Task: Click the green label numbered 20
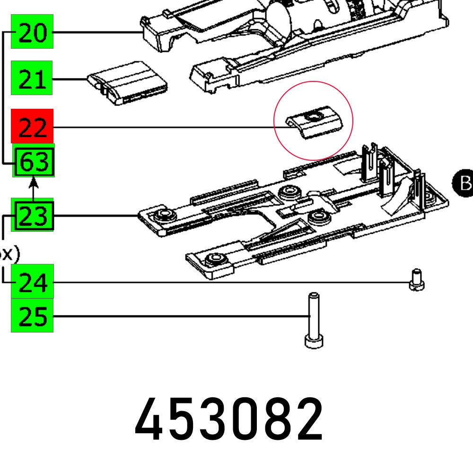pyautogui.click(x=32, y=32)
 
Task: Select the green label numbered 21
pyautogui.click(x=32, y=79)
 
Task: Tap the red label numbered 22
pyautogui.click(x=32, y=127)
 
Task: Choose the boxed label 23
pyautogui.click(x=34, y=216)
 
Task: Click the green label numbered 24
pyautogui.click(x=32, y=282)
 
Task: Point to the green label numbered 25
pyautogui.click(x=32, y=315)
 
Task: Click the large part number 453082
pyautogui.click(x=229, y=419)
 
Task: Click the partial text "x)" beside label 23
pyautogui.click(x=9, y=254)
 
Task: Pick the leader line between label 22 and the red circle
pyautogui.click(x=166, y=127)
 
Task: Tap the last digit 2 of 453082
pyautogui.click(x=307, y=419)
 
